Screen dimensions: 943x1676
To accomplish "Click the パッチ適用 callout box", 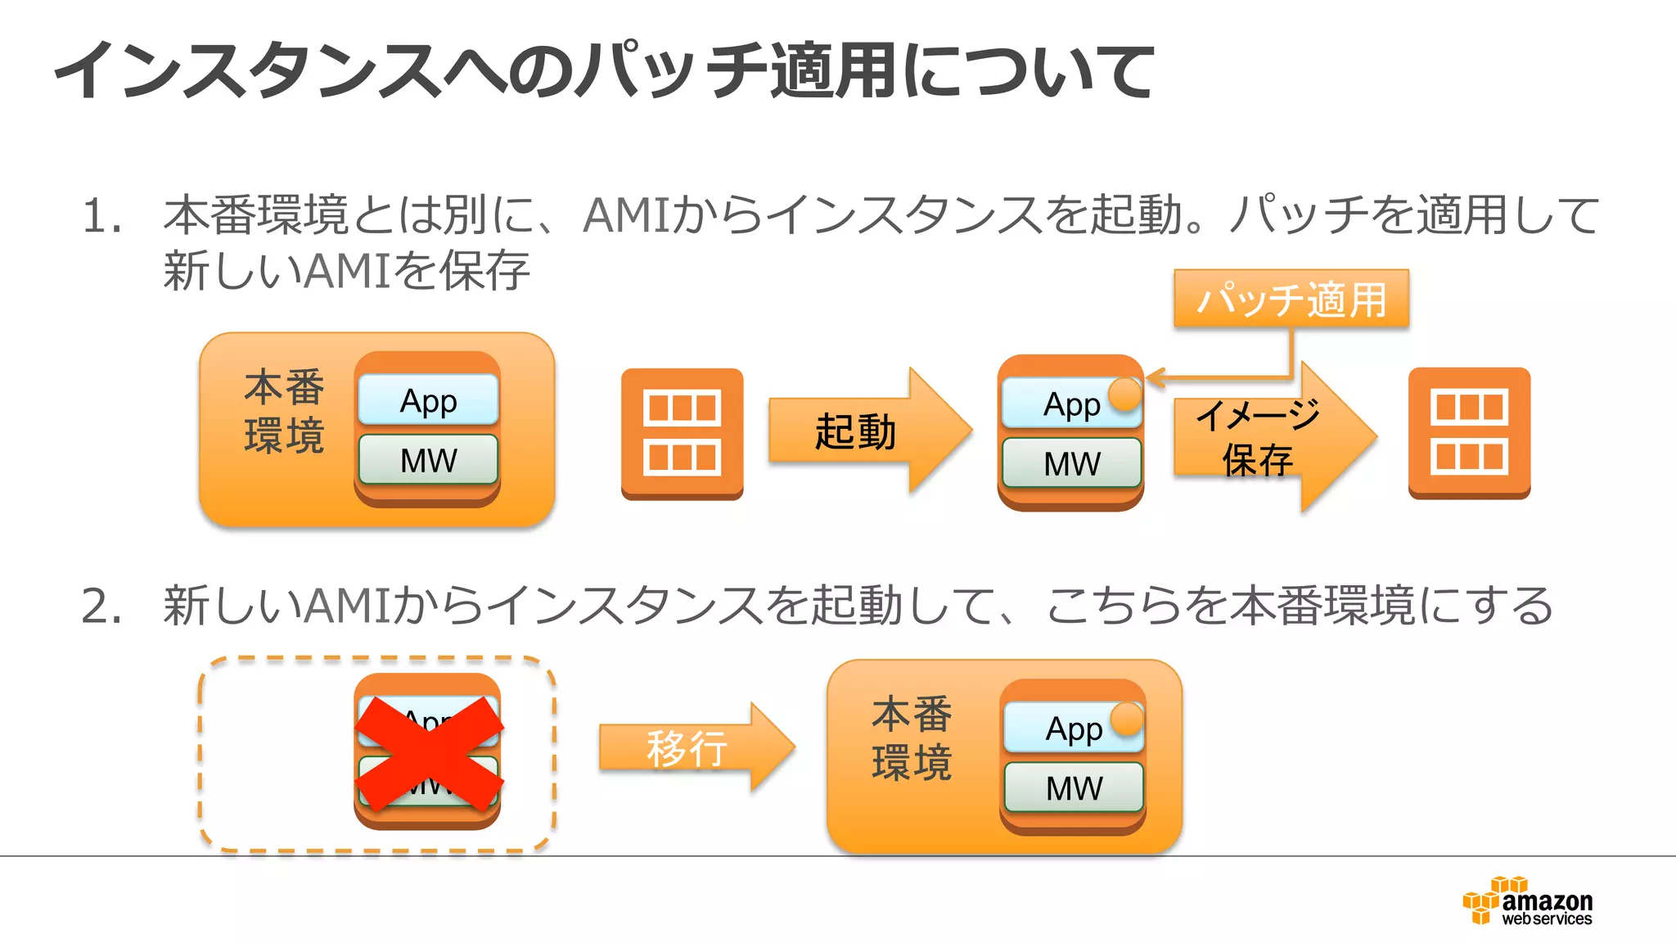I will (1291, 299).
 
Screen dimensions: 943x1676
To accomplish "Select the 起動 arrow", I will (867, 431).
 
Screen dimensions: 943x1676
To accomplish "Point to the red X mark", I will (428, 754).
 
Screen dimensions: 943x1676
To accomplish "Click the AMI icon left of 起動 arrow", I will (682, 433).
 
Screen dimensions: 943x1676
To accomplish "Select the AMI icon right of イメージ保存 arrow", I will (1469, 433).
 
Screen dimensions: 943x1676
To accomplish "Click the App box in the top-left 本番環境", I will (428, 400).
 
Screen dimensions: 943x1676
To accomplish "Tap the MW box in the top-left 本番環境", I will (428, 460).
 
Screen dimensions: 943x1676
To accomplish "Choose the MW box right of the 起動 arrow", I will (1071, 463).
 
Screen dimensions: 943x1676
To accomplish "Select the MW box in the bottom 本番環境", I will (1073, 788).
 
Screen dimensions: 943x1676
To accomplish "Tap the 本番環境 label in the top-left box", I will (284, 412).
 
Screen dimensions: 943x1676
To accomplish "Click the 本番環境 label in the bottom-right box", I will (912, 738).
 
